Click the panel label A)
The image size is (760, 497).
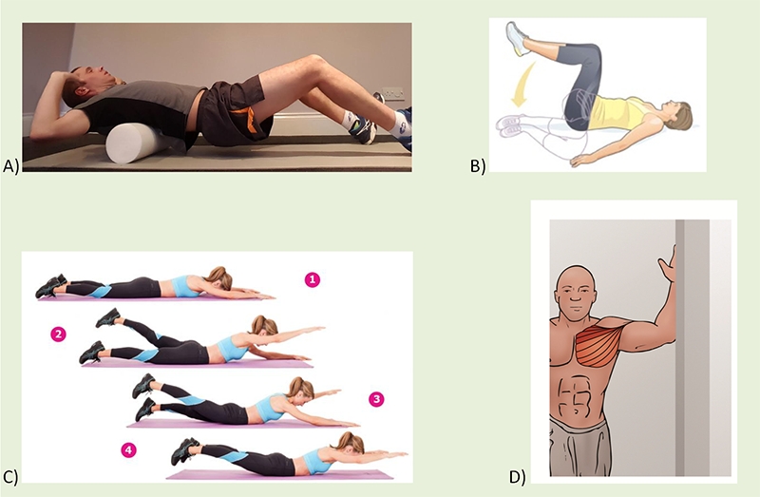(x=11, y=166)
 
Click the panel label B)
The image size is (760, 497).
(x=478, y=167)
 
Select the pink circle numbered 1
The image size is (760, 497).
(x=311, y=279)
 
